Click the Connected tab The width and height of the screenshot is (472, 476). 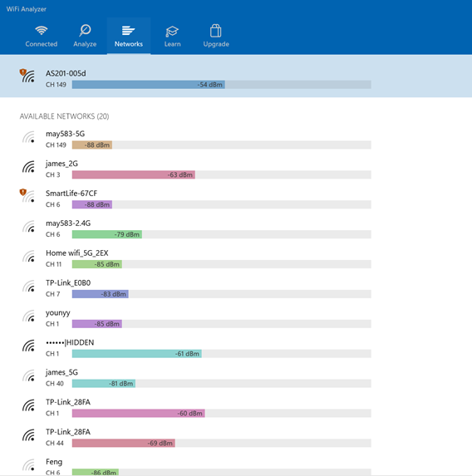click(x=42, y=36)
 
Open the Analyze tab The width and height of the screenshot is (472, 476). click(x=85, y=36)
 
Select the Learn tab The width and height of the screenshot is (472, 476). click(x=172, y=36)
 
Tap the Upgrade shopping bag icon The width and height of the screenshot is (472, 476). click(x=216, y=31)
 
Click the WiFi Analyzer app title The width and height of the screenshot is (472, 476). click(x=26, y=9)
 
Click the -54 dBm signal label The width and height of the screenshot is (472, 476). click(x=210, y=85)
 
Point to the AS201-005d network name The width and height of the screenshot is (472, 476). click(x=66, y=73)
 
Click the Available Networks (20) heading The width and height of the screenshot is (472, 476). click(x=64, y=116)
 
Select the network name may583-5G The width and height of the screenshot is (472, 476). click(x=66, y=134)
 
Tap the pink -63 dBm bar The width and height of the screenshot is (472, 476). click(x=134, y=174)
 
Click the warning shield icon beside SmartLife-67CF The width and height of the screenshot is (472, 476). click(x=22, y=192)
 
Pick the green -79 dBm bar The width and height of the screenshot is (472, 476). click(x=107, y=234)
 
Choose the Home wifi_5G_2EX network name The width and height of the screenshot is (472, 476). click(x=77, y=253)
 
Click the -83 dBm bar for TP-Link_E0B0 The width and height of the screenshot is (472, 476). click(x=101, y=294)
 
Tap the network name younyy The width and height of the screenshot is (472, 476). click(x=58, y=313)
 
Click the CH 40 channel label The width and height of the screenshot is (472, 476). click(x=55, y=384)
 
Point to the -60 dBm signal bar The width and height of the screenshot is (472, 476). click(x=139, y=414)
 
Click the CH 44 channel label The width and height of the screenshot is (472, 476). click(x=55, y=444)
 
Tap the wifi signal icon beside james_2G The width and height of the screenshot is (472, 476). click(x=29, y=167)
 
